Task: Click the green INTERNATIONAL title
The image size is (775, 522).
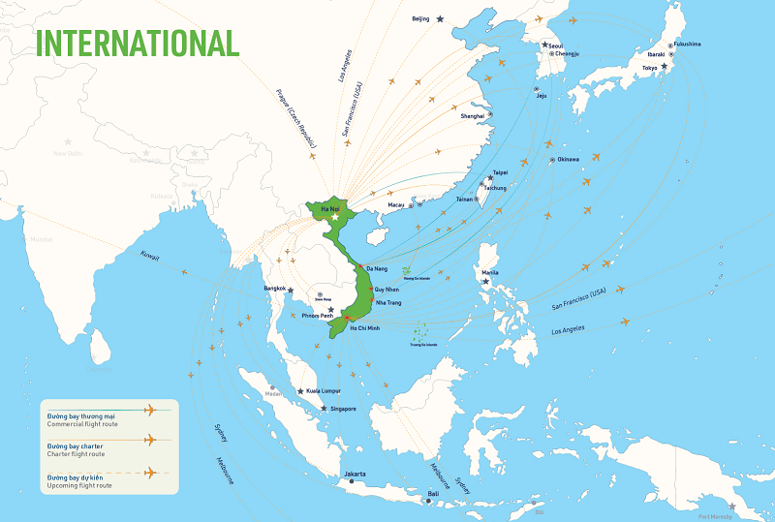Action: coord(138,43)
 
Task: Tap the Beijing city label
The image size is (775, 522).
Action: coord(420,18)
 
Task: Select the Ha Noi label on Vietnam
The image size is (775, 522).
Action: coord(329,208)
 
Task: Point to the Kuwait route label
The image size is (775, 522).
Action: coord(149,256)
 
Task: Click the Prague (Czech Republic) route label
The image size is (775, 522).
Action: coord(294,121)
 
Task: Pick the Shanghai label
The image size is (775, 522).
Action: coord(472,115)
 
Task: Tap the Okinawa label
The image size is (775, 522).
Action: coord(568,159)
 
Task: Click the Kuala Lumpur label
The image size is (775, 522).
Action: coord(323,390)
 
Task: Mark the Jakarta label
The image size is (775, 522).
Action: coord(355,474)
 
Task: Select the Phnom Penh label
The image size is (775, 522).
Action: coord(317,316)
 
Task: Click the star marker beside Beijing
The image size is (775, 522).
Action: coord(441,18)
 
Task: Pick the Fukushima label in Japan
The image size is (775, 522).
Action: coord(687,44)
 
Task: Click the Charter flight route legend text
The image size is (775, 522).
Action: coord(76,452)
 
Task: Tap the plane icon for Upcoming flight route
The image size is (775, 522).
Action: coord(149,473)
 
